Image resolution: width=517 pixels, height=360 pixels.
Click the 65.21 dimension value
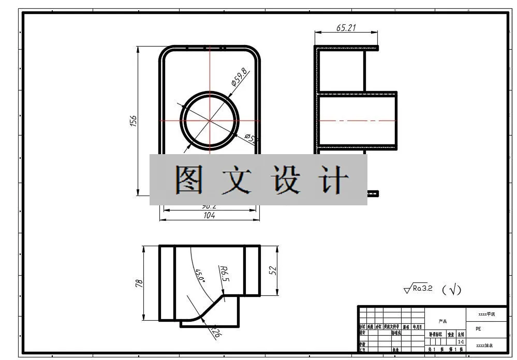point(346,28)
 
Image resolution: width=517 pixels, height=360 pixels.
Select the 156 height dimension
point(133,121)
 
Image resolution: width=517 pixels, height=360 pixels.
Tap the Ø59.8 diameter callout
point(239,78)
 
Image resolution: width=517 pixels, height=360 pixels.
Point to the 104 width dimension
point(209,216)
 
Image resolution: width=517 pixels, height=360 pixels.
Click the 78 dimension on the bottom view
point(139,283)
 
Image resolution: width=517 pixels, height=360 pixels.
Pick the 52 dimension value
point(273,271)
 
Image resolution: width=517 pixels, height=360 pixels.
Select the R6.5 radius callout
point(224,273)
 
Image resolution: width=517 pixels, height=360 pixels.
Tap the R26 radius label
point(215,332)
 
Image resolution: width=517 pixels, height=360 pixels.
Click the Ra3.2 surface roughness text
point(422,289)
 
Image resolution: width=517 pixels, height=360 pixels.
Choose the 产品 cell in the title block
point(442,321)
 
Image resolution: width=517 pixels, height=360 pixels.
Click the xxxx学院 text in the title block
point(486,314)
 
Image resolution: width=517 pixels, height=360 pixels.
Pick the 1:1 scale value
point(461,342)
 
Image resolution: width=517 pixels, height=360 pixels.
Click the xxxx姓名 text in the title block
point(484,345)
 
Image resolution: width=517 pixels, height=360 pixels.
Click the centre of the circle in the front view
point(210,121)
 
